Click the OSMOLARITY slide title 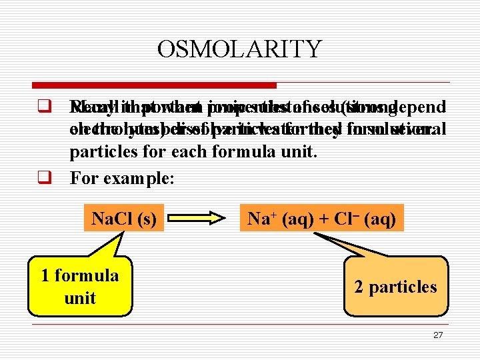click(239, 49)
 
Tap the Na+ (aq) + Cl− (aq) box click(322, 217)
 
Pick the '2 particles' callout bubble click(395, 287)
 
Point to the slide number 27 click(437, 335)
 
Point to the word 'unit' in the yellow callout click(80, 298)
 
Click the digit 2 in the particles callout click(359, 287)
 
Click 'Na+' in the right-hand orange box click(262, 217)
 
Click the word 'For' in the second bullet click(84, 179)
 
